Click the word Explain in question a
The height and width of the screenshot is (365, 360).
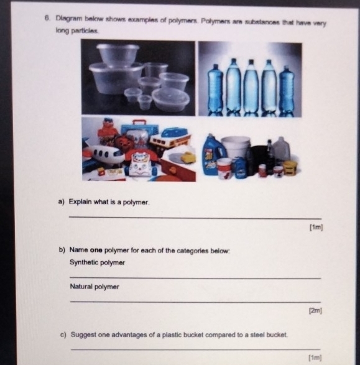(x=80, y=203)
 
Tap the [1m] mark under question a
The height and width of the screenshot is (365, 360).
(x=316, y=228)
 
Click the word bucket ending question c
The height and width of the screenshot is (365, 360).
(x=275, y=335)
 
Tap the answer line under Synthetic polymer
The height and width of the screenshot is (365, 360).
(x=195, y=277)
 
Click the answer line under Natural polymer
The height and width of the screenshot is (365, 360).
(x=195, y=302)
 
